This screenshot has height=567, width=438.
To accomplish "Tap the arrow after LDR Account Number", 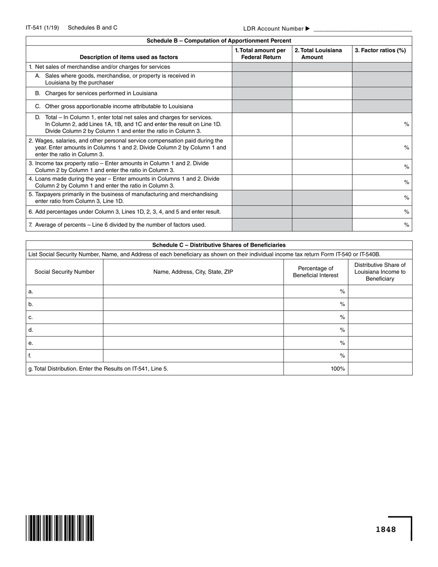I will [x=308, y=29].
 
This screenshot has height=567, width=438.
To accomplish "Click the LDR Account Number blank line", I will [x=362, y=30].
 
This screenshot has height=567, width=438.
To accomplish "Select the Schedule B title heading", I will [x=219, y=41].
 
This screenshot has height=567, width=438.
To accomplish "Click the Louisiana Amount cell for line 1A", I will [x=322, y=79].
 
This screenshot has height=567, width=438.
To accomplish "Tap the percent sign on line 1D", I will [x=406, y=124].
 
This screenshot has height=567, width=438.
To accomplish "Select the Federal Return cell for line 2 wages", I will [x=262, y=148].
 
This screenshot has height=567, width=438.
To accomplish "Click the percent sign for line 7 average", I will [x=406, y=225].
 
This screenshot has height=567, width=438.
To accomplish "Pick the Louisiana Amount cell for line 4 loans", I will [x=322, y=182].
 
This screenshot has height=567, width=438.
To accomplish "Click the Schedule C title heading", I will [x=219, y=245].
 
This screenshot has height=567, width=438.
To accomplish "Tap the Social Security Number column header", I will [x=65, y=272].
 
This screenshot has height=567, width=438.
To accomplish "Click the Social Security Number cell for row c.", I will [x=65, y=317].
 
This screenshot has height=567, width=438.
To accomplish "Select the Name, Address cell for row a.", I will [x=193, y=291].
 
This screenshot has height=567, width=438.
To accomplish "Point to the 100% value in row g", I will [x=337, y=369].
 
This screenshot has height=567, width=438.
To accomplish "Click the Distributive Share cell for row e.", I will [x=380, y=343].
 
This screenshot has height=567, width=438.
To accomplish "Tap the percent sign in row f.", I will [x=343, y=356].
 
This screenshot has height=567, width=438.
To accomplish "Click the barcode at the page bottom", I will [x=60, y=528].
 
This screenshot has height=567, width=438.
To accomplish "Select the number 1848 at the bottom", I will [x=385, y=529].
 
